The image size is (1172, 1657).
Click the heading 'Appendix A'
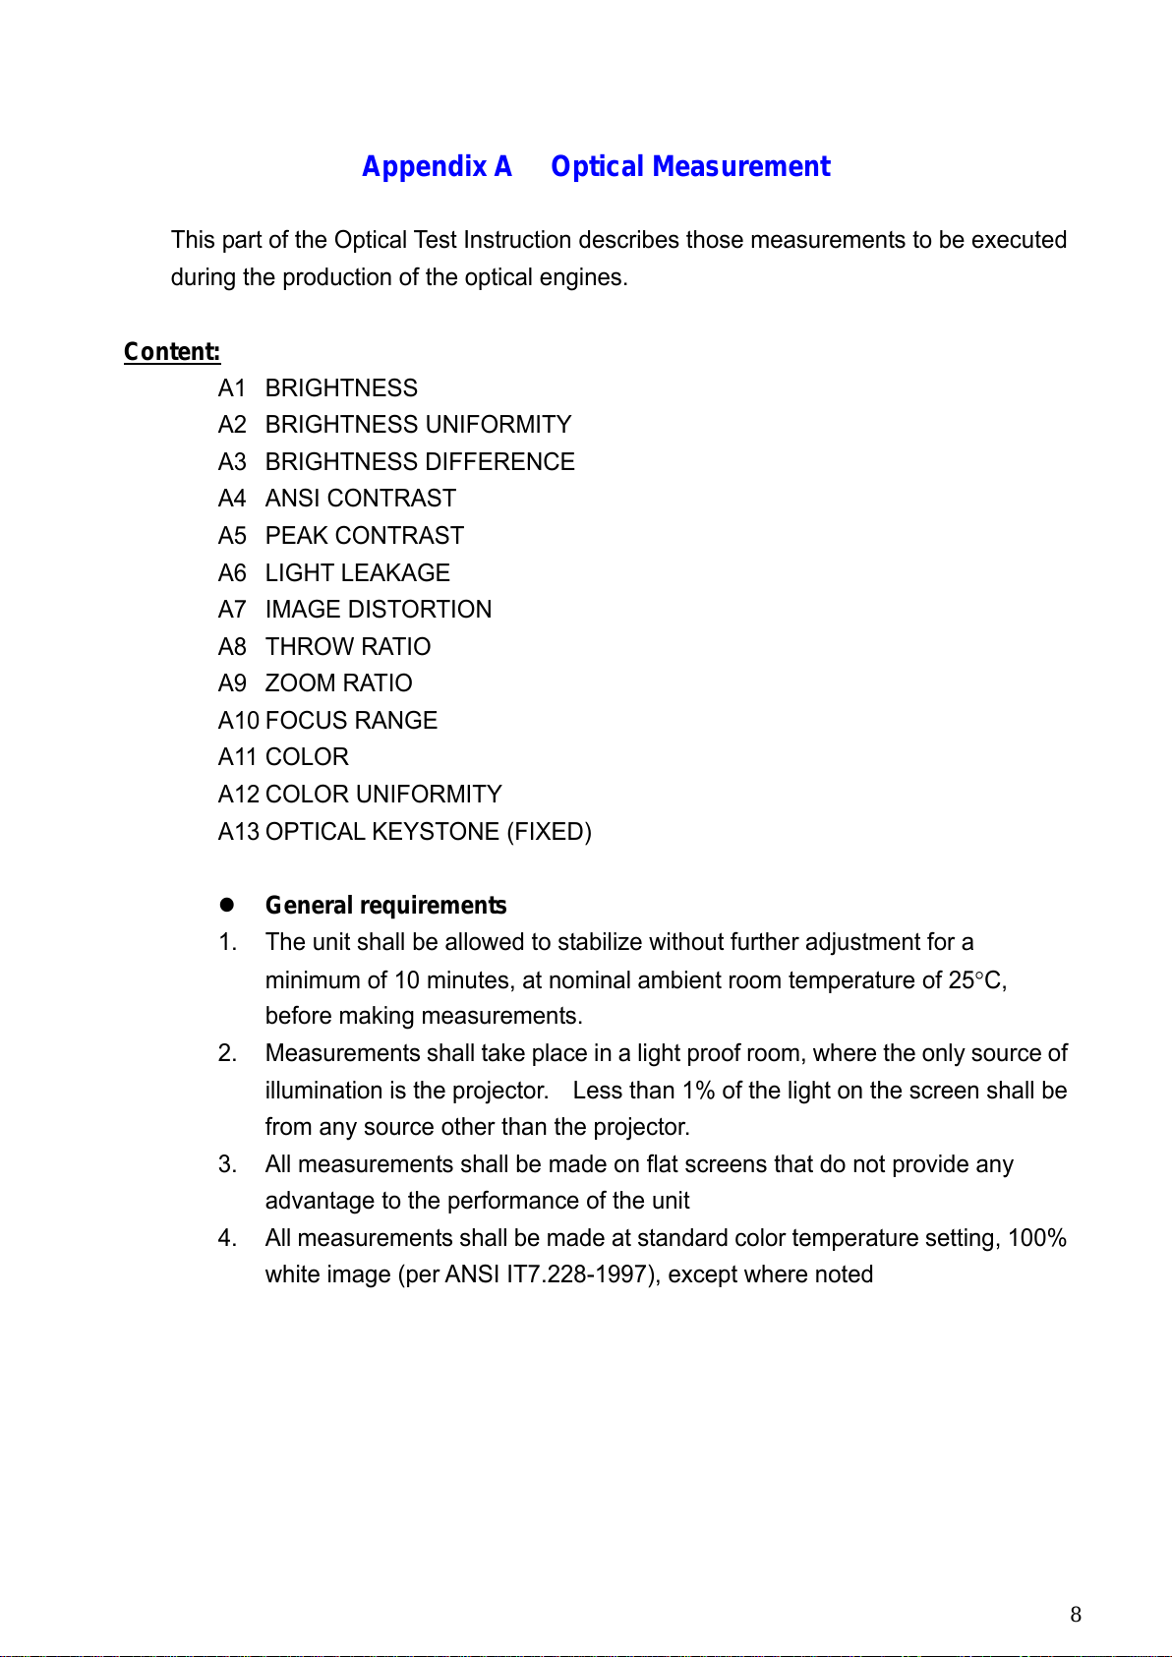click(437, 167)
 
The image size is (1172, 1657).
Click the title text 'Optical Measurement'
click(690, 167)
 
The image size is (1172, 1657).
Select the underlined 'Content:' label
click(172, 352)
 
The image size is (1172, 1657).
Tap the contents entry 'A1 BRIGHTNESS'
click(318, 388)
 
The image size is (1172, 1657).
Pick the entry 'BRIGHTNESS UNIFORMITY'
click(418, 425)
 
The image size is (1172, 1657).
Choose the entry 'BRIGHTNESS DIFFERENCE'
click(420, 462)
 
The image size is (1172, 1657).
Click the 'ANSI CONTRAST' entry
click(360, 499)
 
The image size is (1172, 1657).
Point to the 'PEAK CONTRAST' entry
click(364, 536)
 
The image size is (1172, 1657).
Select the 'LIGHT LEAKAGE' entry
click(357, 573)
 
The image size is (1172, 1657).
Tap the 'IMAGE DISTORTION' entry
click(378, 610)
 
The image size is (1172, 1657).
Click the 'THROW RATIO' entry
click(347, 647)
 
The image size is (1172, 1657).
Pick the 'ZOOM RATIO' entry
click(338, 683)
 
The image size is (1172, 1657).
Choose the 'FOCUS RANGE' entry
click(351, 721)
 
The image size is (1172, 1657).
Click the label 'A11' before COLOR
click(238, 757)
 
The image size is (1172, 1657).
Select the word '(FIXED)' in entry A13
click(549, 832)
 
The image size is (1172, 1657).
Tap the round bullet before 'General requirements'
click(226, 905)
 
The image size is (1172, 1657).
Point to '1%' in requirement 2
click(698, 1091)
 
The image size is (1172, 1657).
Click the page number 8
click(1076, 1614)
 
